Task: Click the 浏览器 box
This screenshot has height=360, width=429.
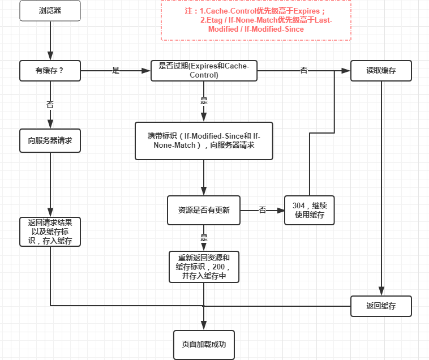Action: point(50,11)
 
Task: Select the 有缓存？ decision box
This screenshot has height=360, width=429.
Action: point(50,71)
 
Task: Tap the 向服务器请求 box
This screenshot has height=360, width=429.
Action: point(50,140)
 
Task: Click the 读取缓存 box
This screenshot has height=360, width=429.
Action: point(381,71)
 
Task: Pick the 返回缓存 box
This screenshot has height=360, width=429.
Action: point(381,306)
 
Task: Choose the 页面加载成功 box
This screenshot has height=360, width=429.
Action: point(204,345)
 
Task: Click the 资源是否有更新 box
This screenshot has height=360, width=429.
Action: point(204,210)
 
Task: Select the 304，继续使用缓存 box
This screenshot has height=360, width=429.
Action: point(310,210)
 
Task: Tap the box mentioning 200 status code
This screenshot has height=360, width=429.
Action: point(204,267)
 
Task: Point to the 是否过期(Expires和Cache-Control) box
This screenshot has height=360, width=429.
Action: point(204,71)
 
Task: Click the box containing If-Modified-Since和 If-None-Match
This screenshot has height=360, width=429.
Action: point(204,141)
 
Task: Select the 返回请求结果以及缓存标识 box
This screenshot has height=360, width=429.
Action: point(50,232)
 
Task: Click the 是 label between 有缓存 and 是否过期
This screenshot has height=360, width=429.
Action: point(115,71)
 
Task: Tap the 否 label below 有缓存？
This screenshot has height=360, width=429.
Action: point(50,105)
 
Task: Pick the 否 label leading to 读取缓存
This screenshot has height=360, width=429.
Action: point(304,71)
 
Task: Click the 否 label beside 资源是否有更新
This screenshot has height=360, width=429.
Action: point(263,210)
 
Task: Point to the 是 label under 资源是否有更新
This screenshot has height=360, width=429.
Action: point(204,237)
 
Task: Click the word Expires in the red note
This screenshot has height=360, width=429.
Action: point(306,11)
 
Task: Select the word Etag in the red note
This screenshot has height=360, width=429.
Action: point(215,20)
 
